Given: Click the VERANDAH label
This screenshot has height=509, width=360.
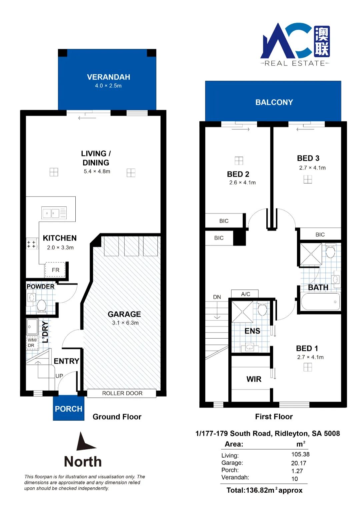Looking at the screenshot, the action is pos(109,77).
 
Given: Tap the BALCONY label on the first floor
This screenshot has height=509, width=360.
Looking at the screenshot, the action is pos(274,102).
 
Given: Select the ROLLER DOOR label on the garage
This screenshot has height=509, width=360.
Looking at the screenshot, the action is pos(122,393).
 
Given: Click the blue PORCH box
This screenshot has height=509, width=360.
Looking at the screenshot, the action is pos(69,408).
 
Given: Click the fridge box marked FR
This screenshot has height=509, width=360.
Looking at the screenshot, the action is pos(55,270).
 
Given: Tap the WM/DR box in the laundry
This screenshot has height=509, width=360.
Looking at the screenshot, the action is pos(32,343).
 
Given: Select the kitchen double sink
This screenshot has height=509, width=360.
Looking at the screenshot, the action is pos(54,213).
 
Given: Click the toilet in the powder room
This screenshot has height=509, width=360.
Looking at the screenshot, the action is pos(41,306).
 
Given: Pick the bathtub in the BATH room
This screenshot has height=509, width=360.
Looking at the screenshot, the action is pos(320,302).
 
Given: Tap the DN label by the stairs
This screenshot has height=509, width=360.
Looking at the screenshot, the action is pos(217,297).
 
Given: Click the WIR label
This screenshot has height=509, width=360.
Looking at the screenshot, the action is pos(254,379).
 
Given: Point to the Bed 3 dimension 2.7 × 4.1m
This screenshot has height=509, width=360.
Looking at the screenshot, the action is pos(312,168).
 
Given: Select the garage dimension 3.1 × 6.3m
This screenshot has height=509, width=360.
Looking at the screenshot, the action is pos(125,323).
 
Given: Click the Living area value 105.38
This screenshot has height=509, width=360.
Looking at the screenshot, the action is pos(300,454).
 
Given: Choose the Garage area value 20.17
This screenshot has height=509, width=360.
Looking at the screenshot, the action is pos(299,463).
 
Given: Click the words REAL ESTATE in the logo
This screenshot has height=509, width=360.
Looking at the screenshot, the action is pos(295,63).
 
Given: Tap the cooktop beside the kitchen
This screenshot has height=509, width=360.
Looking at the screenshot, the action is pos(32,244).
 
